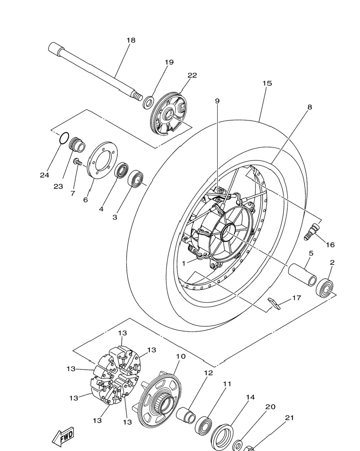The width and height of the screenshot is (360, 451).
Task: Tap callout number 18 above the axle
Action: (x=131, y=40)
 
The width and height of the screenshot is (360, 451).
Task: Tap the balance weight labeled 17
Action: (x=274, y=304)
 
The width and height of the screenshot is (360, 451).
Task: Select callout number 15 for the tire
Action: (x=267, y=83)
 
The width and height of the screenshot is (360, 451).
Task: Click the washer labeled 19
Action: (x=148, y=102)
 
